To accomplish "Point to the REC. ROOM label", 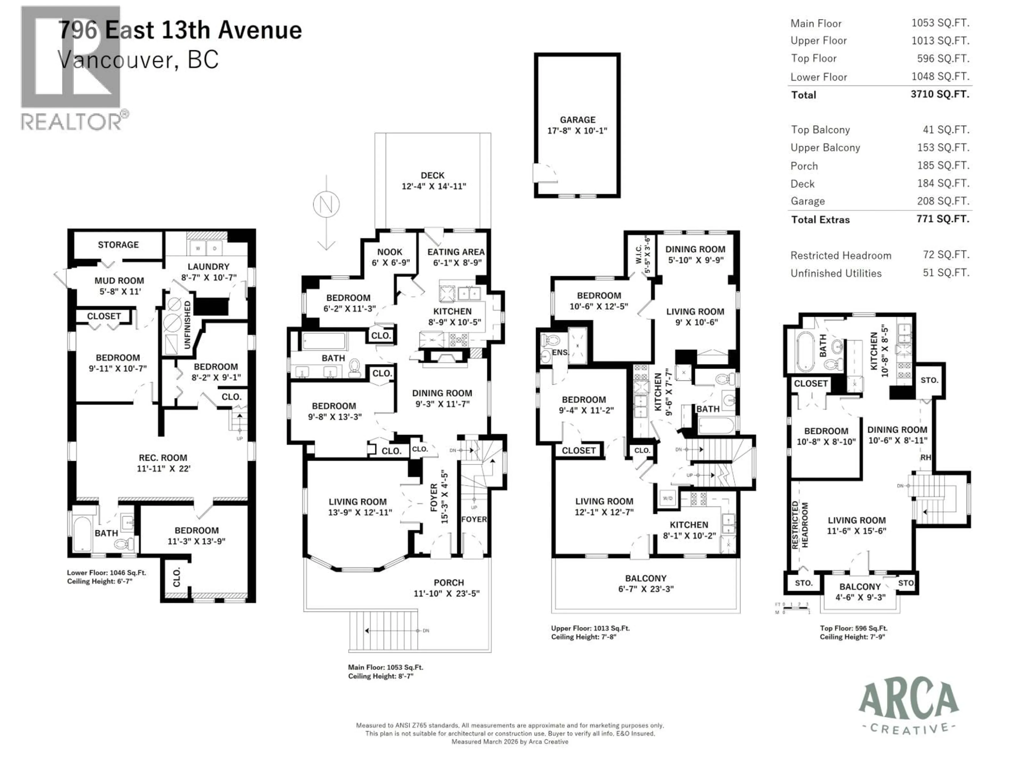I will [x=163, y=458].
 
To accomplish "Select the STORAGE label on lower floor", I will [x=118, y=245].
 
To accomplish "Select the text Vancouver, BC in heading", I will [x=138, y=60].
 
